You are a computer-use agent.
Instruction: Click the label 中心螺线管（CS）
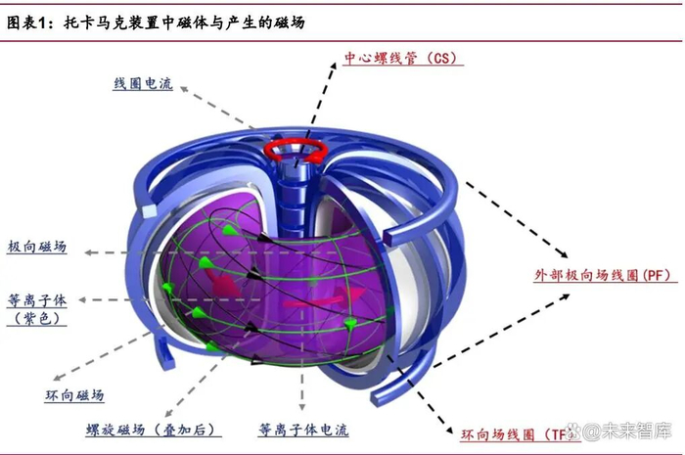[401, 58]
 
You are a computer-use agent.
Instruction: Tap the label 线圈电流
[143, 85]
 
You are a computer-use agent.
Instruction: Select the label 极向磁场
[37, 248]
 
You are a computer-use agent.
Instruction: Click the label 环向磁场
[75, 395]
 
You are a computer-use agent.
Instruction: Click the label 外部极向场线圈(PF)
[601, 276]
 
